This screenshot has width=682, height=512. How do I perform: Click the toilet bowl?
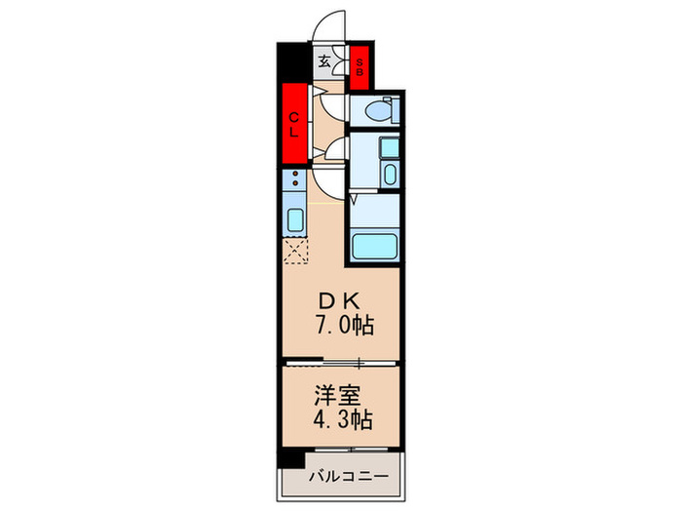click(x=375, y=110)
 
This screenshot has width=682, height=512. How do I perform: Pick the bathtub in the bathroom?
click(x=374, y=245)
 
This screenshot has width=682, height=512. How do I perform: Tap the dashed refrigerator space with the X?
click(x=294, y=252)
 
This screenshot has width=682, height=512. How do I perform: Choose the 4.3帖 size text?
click(x=341, y=421)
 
